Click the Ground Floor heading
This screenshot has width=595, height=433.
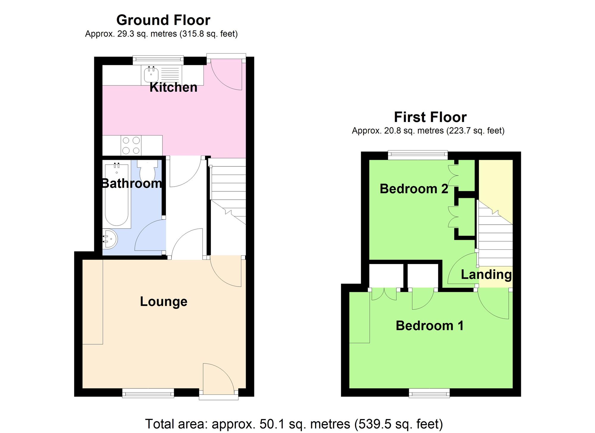pyautogui.click(x=163, y=20)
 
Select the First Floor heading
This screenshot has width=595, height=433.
pyautogui.click(x=430, y=117)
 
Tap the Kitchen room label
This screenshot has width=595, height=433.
pyautogui.click(x=173, y=87)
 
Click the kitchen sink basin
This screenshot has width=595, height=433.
pyautogui.click(x=151, y=74)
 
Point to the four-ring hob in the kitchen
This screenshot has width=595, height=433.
pyautogui.click(x=131, y=145)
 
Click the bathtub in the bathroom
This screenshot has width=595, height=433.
pyautogui.click(x=117, y=195)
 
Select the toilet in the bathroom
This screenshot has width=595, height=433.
pyautogui.click(x=147, y=171)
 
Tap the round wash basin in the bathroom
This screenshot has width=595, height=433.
pyautogui.click(x=110, y=239)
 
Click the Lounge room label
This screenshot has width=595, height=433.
pyautogui.click(x=164, y=301)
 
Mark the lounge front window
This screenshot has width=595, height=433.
pyautogui.click(x=148, y=393)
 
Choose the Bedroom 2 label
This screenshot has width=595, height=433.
pyautogui.click(x=414, y=189)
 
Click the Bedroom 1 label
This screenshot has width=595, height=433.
pyautogui.click(x=430, y=326)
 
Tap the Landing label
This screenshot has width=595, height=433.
pyautogui.click(x=486, y=274)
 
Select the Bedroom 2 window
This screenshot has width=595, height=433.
pyautogui.click(x=418, y=155)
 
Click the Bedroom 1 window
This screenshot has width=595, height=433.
pyautogui.click(x=429, y=393)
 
